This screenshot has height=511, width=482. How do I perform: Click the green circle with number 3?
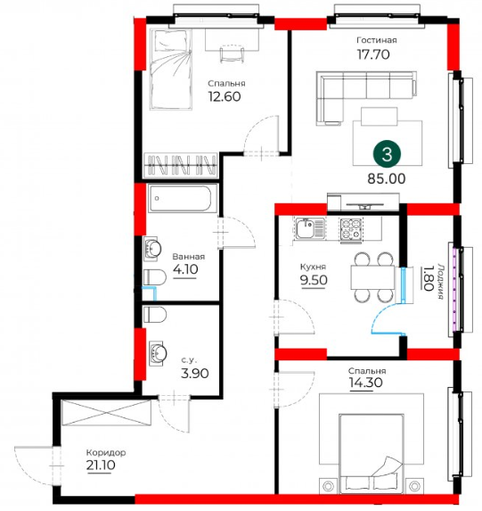coord(387,153)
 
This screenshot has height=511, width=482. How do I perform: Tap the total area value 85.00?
coord(387,178)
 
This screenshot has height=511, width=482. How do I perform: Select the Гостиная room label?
coord(377,40)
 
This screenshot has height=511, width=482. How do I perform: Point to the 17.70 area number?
coord(373,54)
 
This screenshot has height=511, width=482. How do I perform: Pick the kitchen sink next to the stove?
coord(310,228)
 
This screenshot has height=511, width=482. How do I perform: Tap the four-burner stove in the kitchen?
coord(350,229)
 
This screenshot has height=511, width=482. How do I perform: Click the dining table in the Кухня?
coord(372,277)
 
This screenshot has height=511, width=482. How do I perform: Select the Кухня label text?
coord(313,267)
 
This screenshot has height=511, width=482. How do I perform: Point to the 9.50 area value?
coord(314,280)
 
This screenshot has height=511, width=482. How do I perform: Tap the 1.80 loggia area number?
coord(429,278)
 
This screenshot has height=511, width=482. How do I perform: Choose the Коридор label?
coord(106,453)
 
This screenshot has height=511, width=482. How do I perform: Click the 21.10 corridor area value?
coord(101,465)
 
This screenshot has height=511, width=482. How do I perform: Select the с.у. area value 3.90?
coord(195,373)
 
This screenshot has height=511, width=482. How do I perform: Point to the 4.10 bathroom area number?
coord(185,269)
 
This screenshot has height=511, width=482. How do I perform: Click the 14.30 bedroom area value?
coord(366,383)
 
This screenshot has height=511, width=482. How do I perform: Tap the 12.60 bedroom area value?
coord(225,96)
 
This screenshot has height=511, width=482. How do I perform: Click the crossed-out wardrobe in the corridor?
coord(107,413)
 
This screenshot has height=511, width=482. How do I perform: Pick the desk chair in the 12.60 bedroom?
coord(232,54)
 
